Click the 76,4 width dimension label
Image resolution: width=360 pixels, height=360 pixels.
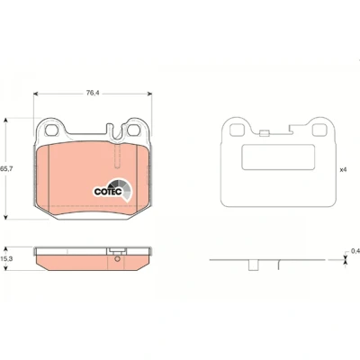click(93, 93)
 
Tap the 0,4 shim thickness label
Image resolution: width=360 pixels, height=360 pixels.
click(355, 250)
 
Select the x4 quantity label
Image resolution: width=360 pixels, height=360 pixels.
click(343, 170)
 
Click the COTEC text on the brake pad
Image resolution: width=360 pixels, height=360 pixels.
click(108, 192)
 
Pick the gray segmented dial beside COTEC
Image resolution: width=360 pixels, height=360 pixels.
click(122, 189)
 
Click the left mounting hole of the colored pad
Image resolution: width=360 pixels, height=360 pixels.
click(51, 130)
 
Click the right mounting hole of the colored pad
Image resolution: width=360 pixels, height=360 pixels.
click(133, 130)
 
